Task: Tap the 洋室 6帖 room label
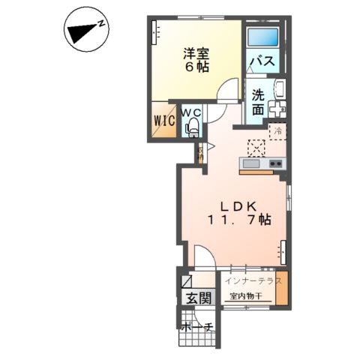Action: (x=196, y=59)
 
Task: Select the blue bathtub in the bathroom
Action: (x=262, y=36)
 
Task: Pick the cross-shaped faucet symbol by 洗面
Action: (x=277, y=107)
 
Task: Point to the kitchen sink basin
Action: (x=250, y=164)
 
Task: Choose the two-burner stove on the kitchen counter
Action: (x=274, y=164)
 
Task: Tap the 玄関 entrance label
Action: (x=199, y=298)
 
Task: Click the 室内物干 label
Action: (x=247, y=296)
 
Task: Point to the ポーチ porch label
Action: (x=198, y=326)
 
